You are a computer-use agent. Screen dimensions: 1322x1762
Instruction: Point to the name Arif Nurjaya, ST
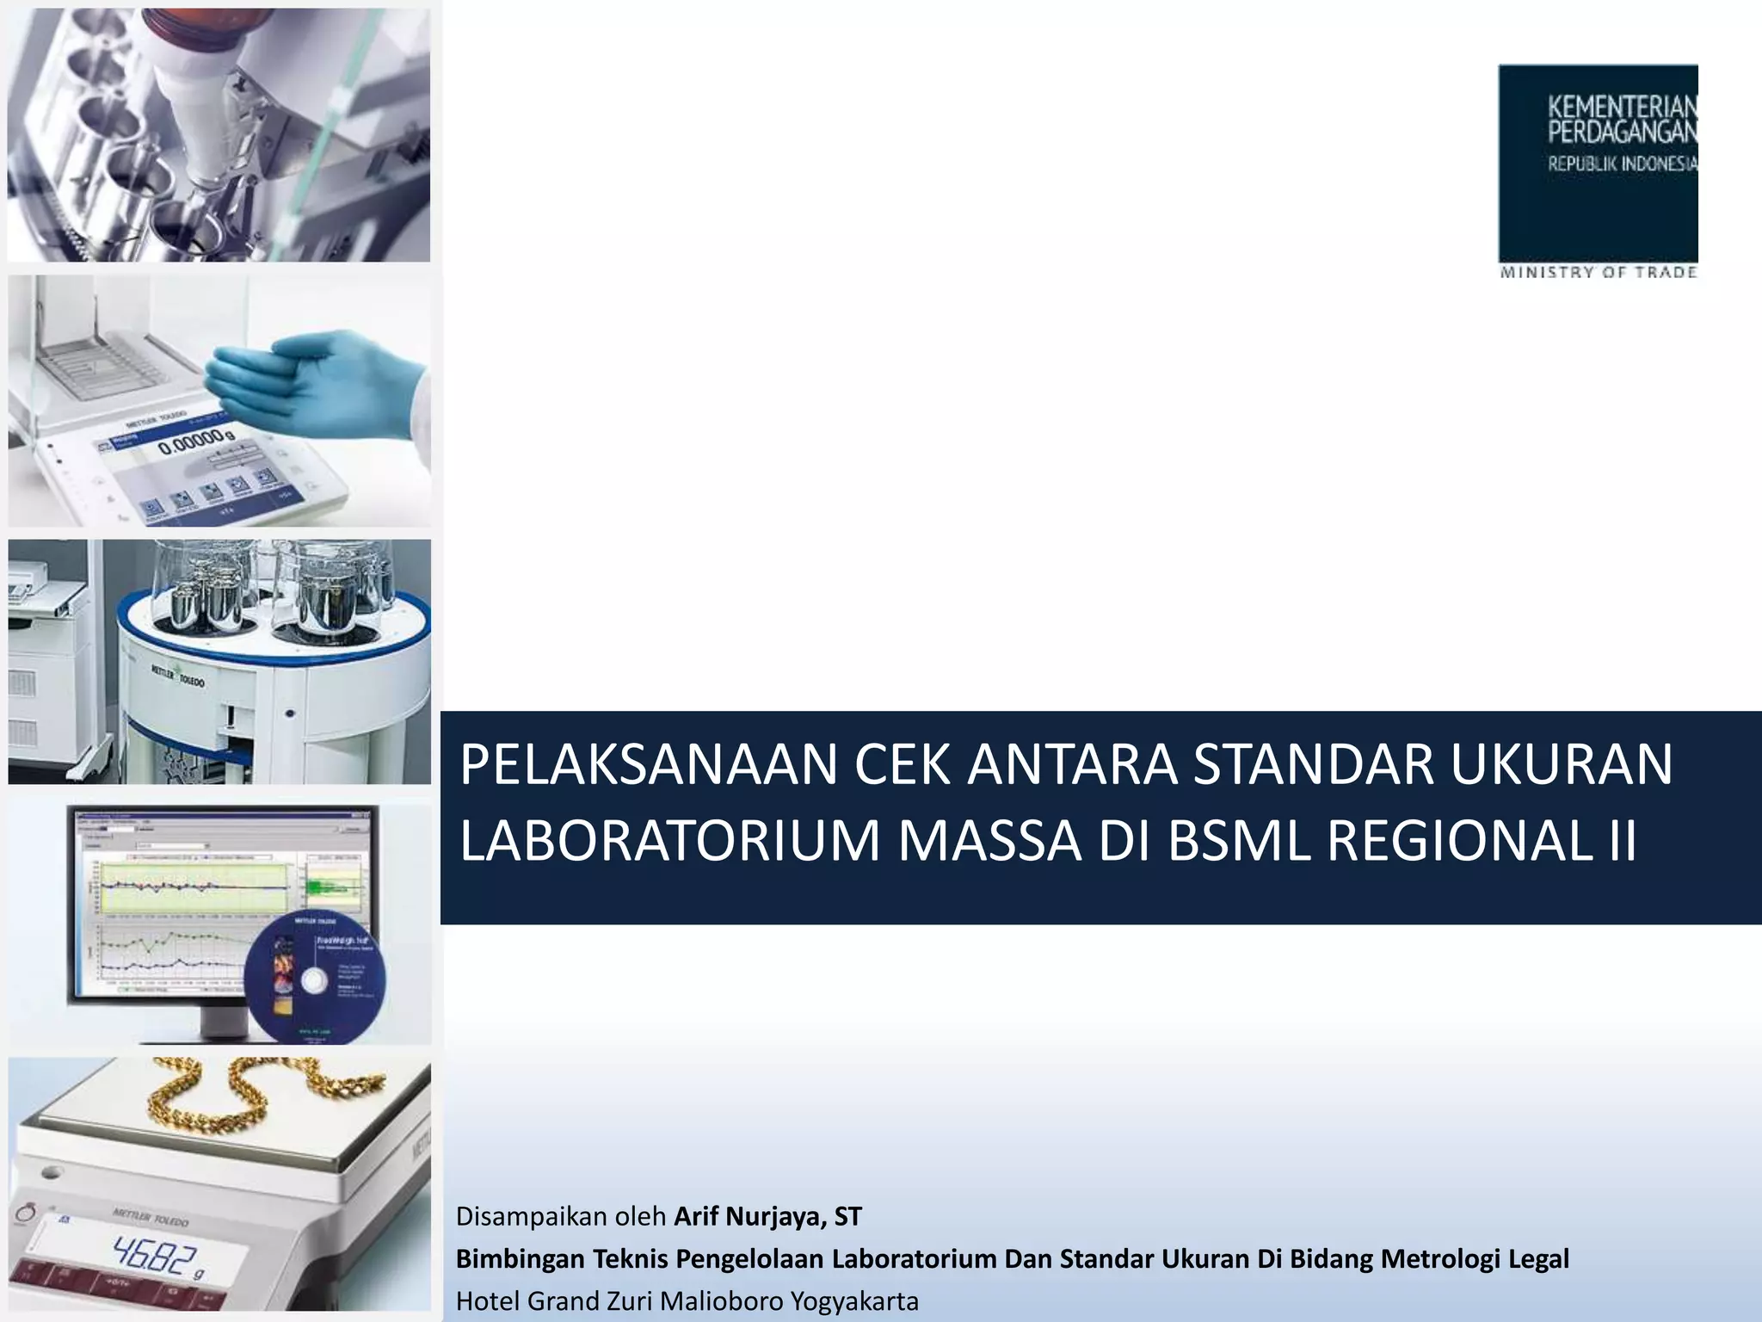coord(767,1216)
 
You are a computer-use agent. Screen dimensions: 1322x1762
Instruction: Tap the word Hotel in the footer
coord(488,1300)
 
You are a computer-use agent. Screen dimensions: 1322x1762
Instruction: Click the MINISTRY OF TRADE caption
coord(1598,273)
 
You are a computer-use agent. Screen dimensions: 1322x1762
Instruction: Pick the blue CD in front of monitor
coord(314,977)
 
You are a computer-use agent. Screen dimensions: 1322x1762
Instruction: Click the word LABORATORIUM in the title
coord(670,841)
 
